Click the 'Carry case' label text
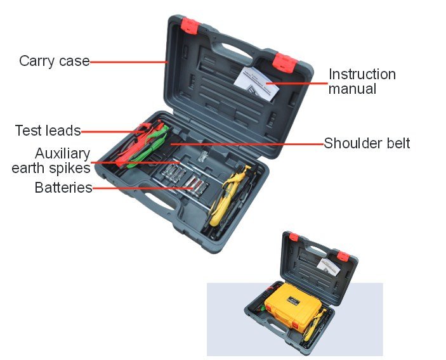[55, 61]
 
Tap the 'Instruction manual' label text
[362, 82]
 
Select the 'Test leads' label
[48, 131]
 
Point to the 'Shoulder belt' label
[367, 143]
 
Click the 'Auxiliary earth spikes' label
[51, 160]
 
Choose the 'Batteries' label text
[63, 188]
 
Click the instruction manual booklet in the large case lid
[256, 83]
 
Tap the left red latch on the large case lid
[190, 25]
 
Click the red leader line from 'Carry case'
[128, 61]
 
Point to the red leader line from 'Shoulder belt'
[247, 144]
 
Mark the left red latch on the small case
[294, 236]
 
